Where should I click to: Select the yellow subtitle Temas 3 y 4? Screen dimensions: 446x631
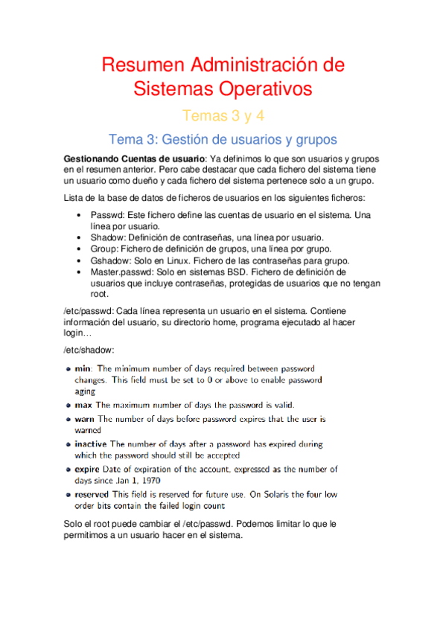(223, 115)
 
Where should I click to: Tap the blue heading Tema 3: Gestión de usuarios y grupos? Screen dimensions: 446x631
(223, 139)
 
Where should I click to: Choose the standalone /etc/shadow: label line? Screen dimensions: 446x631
(89, 350)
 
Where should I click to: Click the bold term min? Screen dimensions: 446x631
(83, 368)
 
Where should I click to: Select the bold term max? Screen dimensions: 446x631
(84, 406)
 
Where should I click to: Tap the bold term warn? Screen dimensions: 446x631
(85, 419)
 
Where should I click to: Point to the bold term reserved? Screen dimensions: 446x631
(92, 494)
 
